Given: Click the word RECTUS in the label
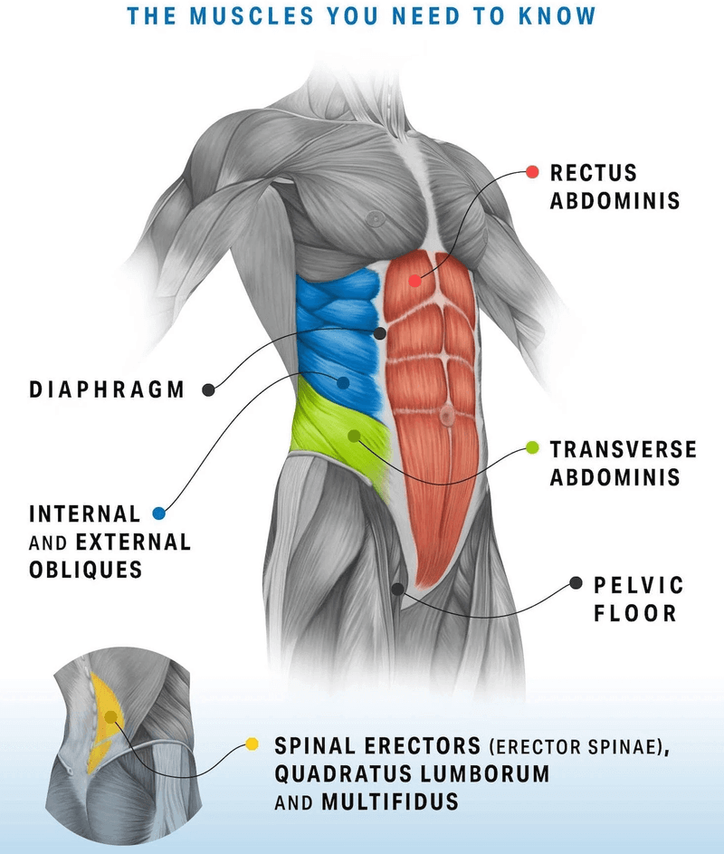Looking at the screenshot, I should [x=594, y=172].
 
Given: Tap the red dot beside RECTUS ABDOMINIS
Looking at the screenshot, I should [x=532, y=171].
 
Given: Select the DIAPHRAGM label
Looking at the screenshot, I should [x=107, y=390].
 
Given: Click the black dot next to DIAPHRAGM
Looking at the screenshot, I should [x=208, y=390].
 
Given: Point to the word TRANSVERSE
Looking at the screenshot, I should [x=624, y=449].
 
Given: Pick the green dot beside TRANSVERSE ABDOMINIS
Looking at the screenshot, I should [x=532, y=448].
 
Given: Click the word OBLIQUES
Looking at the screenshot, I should [x=86, y=570].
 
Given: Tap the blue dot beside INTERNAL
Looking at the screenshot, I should [x=159, y=513].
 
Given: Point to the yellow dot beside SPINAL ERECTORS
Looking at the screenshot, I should [x=252, y=744].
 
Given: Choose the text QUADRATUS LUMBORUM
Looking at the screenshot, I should [x=412, y=774].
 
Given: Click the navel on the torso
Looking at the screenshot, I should [x=446, y=416].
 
